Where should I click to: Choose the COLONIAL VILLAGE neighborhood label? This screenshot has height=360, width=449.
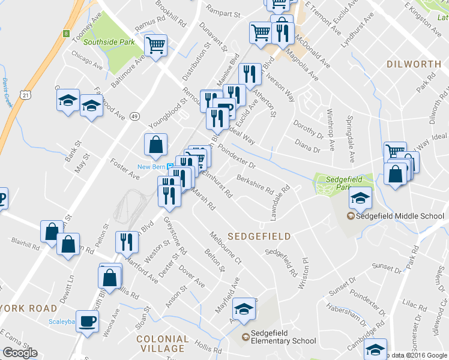click(x=160, y=343)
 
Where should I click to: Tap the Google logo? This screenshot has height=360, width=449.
click(x=20, y=353)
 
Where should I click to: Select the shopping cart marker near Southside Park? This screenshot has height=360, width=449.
click(x=156, y=45)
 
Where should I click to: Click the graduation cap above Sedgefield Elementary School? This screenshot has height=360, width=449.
click(x=244, y=309)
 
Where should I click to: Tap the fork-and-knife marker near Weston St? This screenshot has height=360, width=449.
click(x=127, y=242)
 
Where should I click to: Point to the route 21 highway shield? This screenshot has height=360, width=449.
click(x=25, y=95)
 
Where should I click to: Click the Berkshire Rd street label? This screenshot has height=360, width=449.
click(x=255, y=182)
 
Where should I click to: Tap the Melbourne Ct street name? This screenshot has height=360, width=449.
click(x=225, y=248)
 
